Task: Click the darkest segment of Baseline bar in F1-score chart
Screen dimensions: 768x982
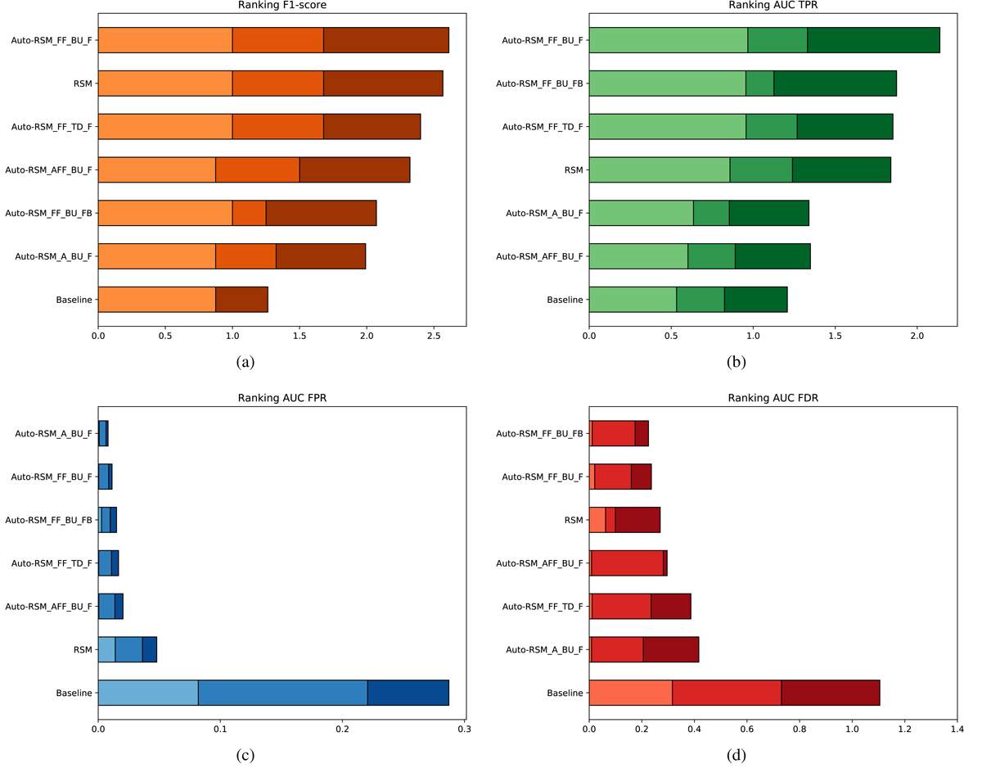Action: click(241, 300)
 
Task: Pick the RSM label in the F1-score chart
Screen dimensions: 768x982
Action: click(82, 84)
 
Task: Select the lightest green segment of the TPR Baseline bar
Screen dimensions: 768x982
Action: click(633, 300)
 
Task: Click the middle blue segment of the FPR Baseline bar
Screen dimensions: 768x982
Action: click(282, 693)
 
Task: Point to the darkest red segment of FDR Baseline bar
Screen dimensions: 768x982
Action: click(830, 693)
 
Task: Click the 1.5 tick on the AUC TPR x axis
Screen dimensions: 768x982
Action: click(835, 335)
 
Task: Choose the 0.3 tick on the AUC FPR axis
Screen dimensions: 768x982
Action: click(464, 728)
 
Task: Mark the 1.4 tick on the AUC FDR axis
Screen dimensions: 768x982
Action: click(956, 728)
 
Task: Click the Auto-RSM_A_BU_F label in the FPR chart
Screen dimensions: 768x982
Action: click(53, 433)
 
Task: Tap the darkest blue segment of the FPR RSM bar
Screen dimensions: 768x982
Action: click(150, 649)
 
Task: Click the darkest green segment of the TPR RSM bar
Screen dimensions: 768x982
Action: click(841, 169)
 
